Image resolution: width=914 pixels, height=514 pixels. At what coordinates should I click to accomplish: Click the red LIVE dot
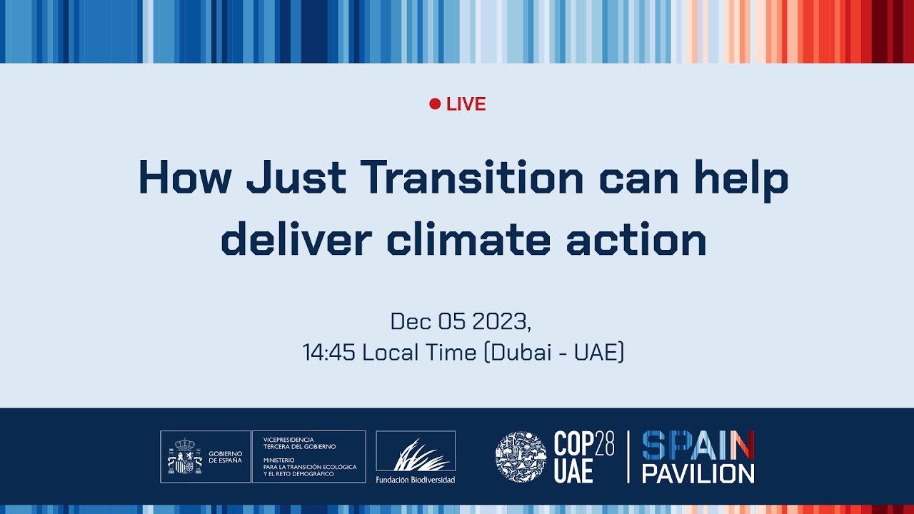tap(435, 104)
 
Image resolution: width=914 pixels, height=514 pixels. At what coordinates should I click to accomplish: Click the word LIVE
tap(466, 104)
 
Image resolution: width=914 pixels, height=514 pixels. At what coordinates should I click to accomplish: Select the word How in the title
tap(184, 178)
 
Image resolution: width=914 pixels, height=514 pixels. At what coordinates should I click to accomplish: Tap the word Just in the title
tap(296, 178)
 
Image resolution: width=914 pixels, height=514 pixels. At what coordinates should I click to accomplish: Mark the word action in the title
tap(636, 240)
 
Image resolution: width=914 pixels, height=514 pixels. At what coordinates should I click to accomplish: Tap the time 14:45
tap(329, 352)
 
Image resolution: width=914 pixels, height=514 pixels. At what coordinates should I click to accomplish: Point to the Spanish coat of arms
tap(184, 457)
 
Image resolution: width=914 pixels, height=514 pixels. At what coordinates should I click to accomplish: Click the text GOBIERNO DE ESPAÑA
tap(226, 457)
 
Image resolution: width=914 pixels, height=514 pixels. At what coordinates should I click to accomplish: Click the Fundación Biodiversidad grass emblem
tap(416, 454)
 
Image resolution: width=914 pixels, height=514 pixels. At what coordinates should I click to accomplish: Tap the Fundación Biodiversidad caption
tap(416, 479)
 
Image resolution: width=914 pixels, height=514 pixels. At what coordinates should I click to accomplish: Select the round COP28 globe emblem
tap(521, 457)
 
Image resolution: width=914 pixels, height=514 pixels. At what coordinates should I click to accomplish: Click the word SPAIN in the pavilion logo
tap(698, 445)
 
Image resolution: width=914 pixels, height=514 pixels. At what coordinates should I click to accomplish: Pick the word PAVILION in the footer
tap(698, 473)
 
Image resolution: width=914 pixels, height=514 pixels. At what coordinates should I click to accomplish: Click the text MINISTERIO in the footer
tap(278, 460)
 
